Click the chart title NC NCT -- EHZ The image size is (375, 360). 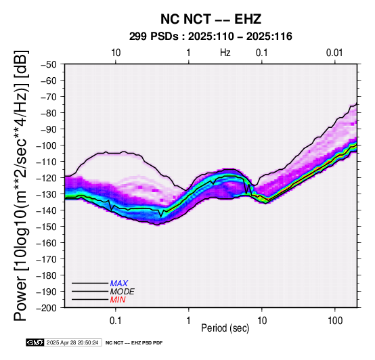(x=211, y=19)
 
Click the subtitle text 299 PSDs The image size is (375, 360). (x=154, y=37)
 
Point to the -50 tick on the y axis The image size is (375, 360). (x=49, y=64)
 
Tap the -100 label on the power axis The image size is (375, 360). (x=47, y=145)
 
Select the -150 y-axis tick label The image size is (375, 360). (x=47, y=227)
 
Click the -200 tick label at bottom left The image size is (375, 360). (x=47, y=308)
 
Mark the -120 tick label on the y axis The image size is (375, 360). (x=47, y=178)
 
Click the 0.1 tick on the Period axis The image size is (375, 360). (x=116, y=320)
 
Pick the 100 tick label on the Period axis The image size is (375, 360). (x=335, y=320)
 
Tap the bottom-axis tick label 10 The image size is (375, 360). (x=262, y=320)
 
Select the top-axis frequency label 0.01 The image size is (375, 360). (x=334, y=53)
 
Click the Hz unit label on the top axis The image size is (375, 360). (x=225, y=53)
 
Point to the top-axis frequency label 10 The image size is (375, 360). (x=116, y=53)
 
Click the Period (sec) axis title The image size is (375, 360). (x=225, y=328)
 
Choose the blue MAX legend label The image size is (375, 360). (x=119, y=284)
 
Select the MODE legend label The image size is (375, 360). (x=123, y=292)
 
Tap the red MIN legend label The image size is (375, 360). (x=118, y=300)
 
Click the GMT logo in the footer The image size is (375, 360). (x=35, y=342)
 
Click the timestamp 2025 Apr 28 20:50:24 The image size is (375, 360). (x=72, y=342)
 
